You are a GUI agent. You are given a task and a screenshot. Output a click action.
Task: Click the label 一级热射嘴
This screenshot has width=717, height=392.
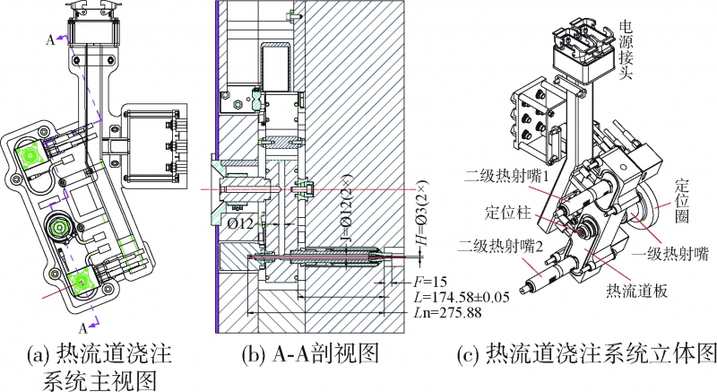point(668,255)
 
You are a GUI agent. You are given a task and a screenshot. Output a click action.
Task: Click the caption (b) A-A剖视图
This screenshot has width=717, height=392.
point(310,353)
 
